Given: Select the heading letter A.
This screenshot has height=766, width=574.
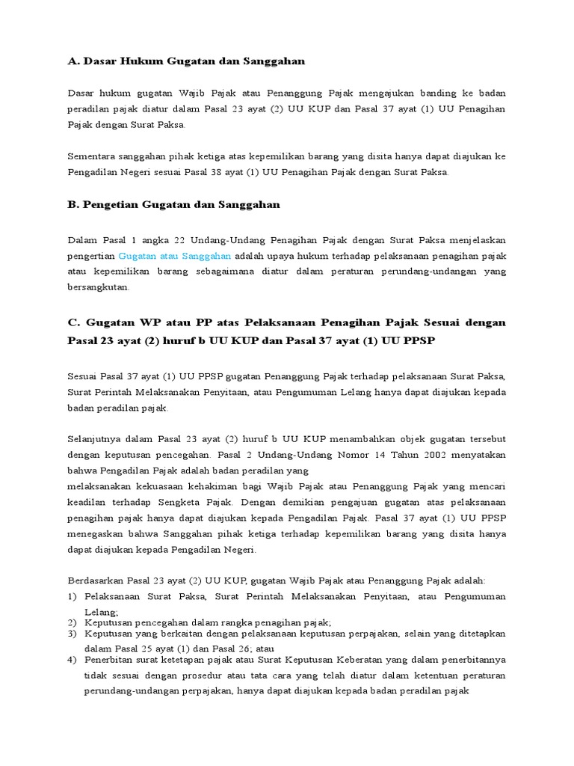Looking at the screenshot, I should [72, 61].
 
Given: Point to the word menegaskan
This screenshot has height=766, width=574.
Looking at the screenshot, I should [96, 533].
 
